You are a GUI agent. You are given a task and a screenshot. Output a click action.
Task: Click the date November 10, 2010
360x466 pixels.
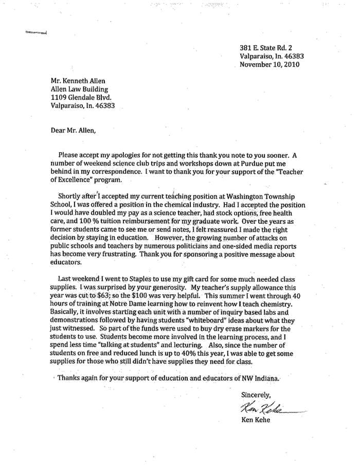[x=269, y=65]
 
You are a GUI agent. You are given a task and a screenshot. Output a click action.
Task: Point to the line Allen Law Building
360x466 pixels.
[x=79, y=89]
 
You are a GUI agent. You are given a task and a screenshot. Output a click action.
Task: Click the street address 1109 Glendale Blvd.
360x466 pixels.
[x=81, y=97]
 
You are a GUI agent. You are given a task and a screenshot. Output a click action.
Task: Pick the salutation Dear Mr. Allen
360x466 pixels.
[x=73, y=130]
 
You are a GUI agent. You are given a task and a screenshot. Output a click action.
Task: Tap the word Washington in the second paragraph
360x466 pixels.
[x=242, y=196]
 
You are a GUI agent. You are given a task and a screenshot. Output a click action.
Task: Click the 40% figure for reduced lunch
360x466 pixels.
[x=204, y=353]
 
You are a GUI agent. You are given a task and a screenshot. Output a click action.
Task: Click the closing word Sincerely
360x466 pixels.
[x=256, y=395]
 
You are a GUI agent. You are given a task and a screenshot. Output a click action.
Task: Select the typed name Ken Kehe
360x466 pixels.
[x=255, y=420]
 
